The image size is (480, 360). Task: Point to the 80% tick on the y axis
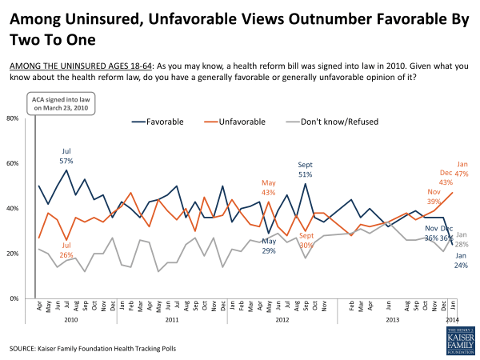pos(14,118)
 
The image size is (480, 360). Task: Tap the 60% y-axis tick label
pos(14,163)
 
